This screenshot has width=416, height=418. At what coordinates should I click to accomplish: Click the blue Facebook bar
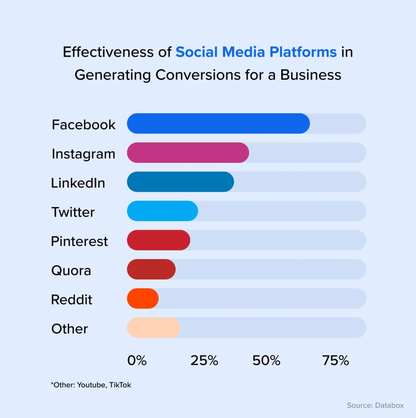(218, 124)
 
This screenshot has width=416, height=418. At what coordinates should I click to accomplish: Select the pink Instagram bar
(188, 153)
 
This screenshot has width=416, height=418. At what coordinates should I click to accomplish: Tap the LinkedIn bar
(180, 182)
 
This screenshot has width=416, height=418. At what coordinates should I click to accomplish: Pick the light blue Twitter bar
(162, 211)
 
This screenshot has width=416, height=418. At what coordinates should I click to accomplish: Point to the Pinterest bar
(158, 240)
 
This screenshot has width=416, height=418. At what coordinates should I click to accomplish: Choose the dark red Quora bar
(151, 269)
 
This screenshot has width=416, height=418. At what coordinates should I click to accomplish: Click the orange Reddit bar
(143, 299)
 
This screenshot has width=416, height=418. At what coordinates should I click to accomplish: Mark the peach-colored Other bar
(153, 328)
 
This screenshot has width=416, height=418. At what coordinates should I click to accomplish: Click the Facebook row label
(84, 125)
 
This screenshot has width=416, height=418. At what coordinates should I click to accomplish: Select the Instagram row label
(83, 154)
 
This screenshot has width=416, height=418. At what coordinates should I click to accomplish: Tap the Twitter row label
(73, 212)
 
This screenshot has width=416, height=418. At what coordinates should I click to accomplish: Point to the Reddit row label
(72, 299)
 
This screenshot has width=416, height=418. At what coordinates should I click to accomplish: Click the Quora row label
(71, 271)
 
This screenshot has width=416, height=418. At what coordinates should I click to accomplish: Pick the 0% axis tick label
(137, 361)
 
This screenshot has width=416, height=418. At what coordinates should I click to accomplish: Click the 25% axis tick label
(204, 361)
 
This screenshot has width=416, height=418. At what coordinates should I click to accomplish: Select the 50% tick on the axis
(267, 361)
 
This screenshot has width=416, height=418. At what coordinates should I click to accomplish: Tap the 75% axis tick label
(335, 361)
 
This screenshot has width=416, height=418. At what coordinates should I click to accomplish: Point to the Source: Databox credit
(375, 405)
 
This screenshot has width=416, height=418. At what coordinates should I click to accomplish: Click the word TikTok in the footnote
(120, 385)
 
